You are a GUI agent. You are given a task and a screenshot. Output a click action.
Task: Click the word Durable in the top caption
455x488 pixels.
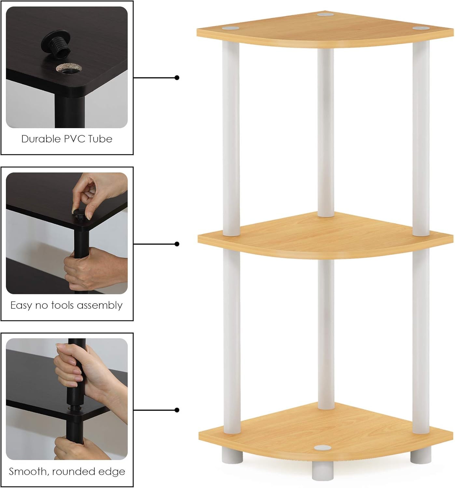point(41,139)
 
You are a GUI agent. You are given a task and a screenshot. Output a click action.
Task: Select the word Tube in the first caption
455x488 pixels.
point(100,139)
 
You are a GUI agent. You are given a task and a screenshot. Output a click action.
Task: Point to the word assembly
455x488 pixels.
point(100,306)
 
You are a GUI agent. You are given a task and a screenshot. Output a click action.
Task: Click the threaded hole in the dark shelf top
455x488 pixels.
point(69,69)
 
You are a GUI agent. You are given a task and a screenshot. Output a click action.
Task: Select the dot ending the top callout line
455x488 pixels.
point(177,78)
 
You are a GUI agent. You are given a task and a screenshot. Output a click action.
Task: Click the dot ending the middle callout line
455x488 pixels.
point(177,244)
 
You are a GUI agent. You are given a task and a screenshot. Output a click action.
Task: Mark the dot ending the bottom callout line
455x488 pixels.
point(177,410)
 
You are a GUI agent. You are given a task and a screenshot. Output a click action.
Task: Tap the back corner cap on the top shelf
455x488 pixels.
point(325,15)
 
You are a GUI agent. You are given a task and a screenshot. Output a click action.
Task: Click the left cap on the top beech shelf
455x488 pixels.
point(230,28)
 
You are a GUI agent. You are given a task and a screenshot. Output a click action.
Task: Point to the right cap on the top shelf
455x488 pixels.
point(421,28)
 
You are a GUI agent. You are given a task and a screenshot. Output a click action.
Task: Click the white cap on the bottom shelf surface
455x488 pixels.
point(323,448)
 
